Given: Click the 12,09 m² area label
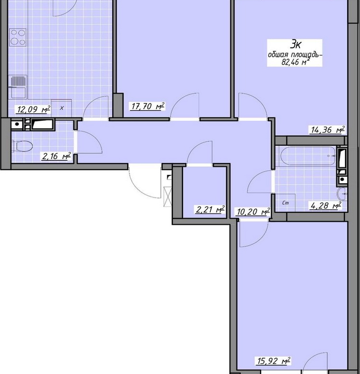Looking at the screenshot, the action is pos(34,109).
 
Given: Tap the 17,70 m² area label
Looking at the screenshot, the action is pos(148,106).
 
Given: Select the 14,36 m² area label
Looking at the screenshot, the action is pos(328,130).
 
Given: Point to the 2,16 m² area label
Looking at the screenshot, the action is pos(56,156).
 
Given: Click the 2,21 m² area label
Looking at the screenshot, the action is pos(210,210).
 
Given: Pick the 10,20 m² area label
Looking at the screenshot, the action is pos(253,211).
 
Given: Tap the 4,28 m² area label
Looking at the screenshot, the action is pos(325,205).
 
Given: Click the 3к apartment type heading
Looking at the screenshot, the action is pos(295,45).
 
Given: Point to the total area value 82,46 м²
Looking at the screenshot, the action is pos(294,62).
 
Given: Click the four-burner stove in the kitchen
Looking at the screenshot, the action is pos(18,37).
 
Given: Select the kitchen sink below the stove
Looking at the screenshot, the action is pos(18,87).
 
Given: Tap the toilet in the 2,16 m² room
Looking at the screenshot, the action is pos(23,146).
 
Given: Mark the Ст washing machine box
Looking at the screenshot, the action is pos(285,203).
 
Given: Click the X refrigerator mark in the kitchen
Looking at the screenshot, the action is pos(61,108).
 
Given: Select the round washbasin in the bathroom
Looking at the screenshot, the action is pos(342,194).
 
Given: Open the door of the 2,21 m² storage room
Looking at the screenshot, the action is pos(200,152).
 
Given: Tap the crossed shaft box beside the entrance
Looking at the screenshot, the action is pos(168,196).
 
